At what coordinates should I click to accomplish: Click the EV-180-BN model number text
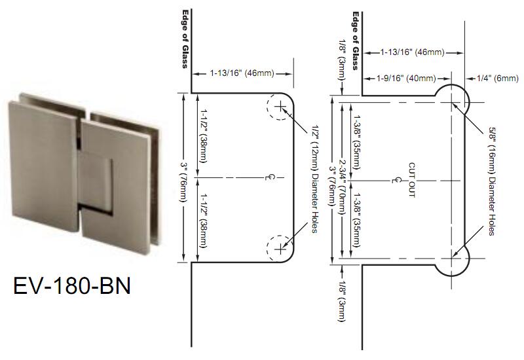click(x=72, y=285)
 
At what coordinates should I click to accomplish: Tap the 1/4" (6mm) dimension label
click(x=498, y=79)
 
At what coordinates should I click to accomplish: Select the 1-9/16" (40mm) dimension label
click(x=406, y=79)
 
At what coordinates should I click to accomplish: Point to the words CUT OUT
click(x=412, y=180)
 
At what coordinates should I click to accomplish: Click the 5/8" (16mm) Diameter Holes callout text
click(x=492, y=181)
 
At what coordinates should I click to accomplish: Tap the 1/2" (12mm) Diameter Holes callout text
click(x=314, y=179)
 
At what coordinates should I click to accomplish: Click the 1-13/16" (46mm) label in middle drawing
click(x=242, y=73)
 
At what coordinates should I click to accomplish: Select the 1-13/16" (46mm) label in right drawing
click(x=413, y=52)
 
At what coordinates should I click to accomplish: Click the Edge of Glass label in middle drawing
click(x=185, y=39)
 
